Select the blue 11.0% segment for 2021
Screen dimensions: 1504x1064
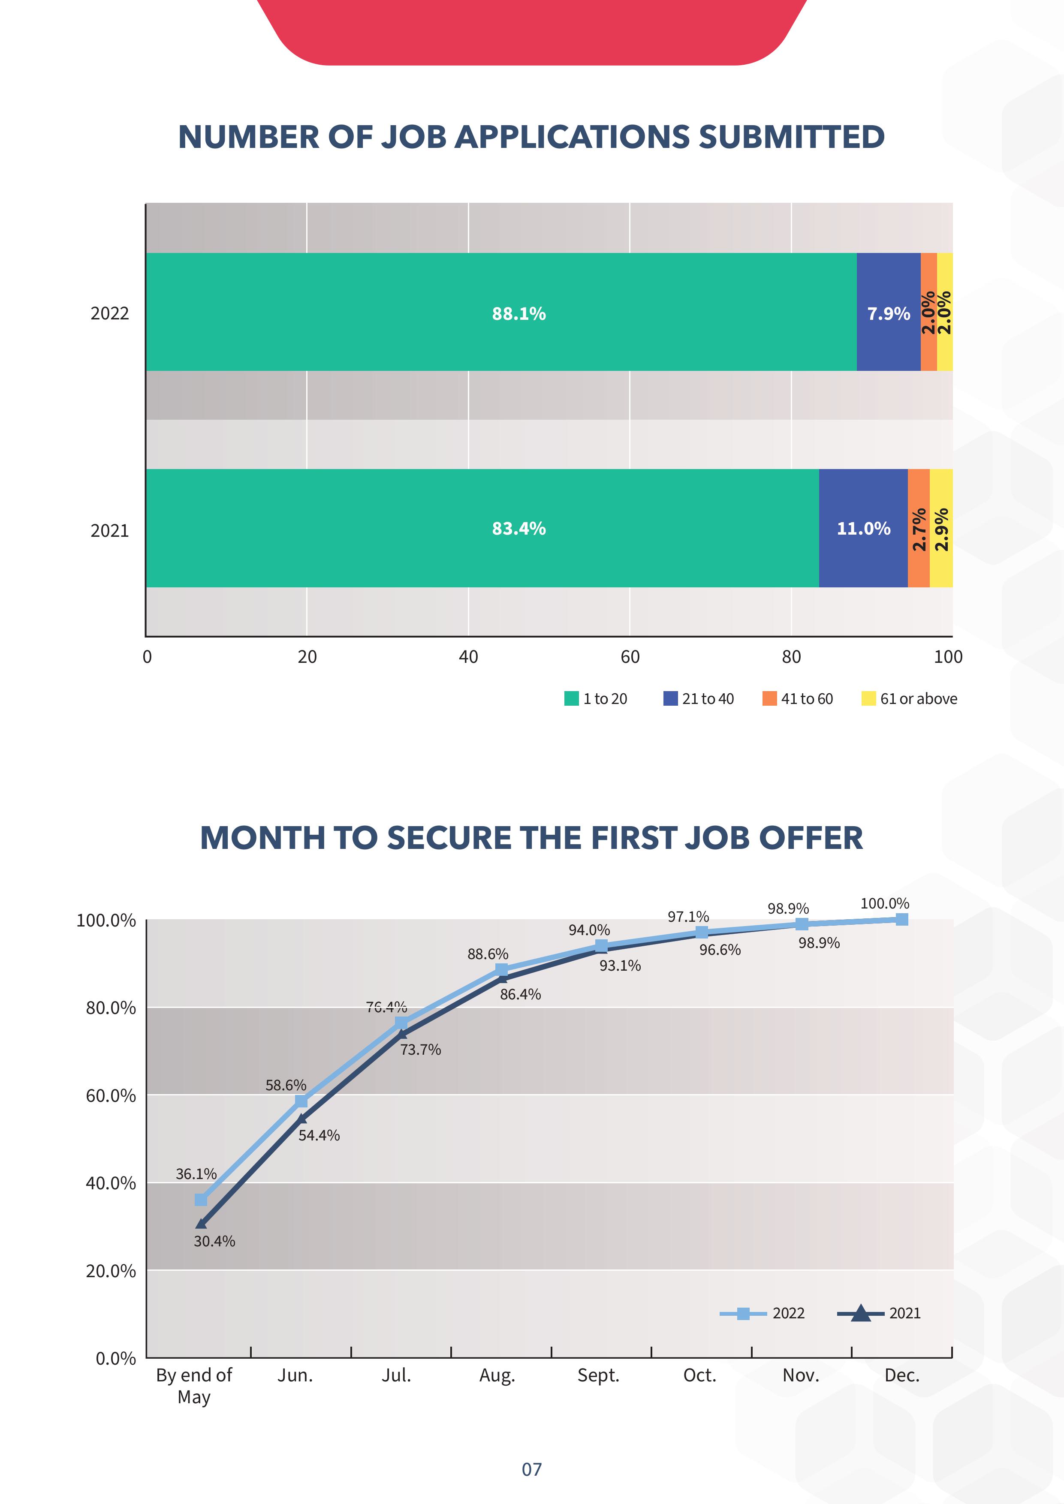pyautogui.click(x=863, y=528)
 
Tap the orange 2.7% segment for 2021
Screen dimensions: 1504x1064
pyautogui.click(x=919, y=528)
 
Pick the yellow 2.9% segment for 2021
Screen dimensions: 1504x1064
pyautogui.click(x=941, y=528)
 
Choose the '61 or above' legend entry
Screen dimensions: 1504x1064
pyautogui.click(x=909, y=699)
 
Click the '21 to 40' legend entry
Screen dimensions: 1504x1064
pyautogui.click(x=699, y=699)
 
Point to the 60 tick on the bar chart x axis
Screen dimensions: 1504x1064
pyautogui.click(x=630, y=657)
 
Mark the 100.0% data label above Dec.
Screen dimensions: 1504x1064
pyautogui.click(x=884, y=903)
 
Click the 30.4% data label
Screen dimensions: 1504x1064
pyautogui.click(x=214, y=1241)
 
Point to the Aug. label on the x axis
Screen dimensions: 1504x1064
pyautogui.click(x=497, y=1375)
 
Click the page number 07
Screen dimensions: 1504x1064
pyautogui.click(x=531, y=1469)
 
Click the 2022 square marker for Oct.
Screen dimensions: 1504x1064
pyautogui.click(x=702, y=932)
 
